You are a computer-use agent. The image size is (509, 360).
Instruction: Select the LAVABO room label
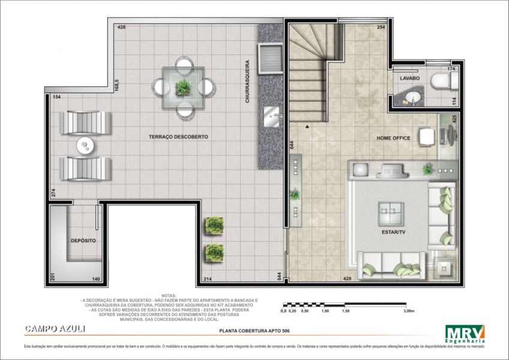pos(410,79)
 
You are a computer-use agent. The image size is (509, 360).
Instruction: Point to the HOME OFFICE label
pos(393,138)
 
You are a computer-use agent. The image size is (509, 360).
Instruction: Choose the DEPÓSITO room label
pos(83,241)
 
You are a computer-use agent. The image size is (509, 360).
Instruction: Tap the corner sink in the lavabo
pos(412,98)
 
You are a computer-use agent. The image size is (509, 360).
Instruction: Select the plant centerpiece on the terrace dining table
pos(182,86)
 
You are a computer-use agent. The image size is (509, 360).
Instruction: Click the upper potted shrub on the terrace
pos(214,226)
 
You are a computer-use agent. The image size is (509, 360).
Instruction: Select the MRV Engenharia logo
pos(465,332)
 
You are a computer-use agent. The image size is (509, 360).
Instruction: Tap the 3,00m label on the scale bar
pos(409,311)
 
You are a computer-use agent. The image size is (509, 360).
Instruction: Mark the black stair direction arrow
pos(307,127)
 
